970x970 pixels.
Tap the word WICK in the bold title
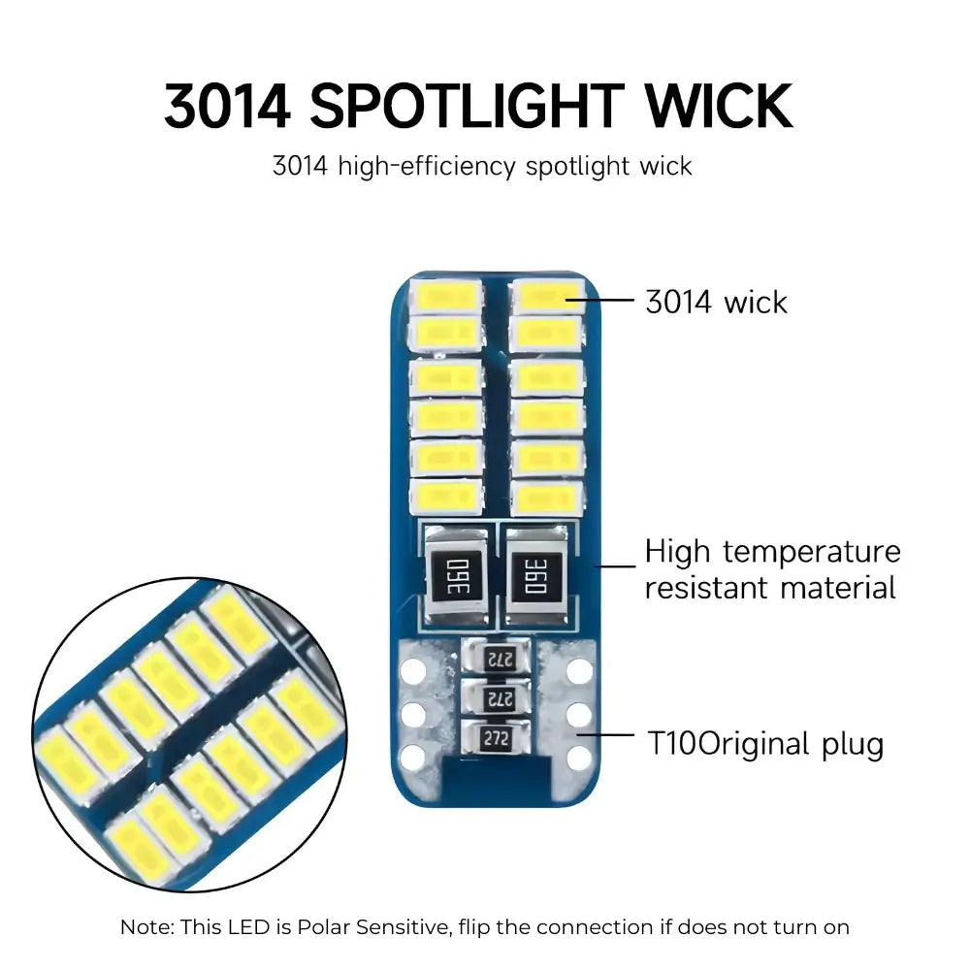[x=719, y=107]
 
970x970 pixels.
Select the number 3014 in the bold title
[x=227, y=107]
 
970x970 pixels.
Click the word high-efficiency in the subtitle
[x=426, y=167]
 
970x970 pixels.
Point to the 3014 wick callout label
[x=717, y=303]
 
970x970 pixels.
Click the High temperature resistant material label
[x=772, y=569]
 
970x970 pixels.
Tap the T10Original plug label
[x=765, y=744]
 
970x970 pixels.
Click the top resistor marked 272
[x=497, y=658]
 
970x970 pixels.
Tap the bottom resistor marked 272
[x=496, y=737]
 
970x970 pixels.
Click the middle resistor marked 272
[x=496, y=697]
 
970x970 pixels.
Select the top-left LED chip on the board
[x=445, y=297]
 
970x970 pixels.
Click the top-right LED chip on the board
[x=547, y=297]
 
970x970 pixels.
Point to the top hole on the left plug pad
[x=412, y=670]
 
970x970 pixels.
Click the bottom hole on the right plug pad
[x=580, y=758]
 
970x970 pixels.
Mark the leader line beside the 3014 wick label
[x=600, y=301]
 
